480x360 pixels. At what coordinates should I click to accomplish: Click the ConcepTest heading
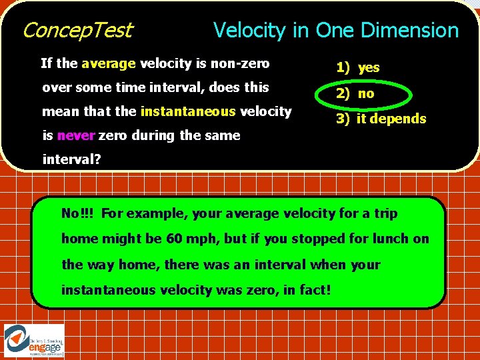coord(77,30)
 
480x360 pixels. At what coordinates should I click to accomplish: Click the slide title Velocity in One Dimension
coord(335,30)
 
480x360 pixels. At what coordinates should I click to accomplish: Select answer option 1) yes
coord(358,67)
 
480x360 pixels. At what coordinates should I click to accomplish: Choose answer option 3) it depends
coord(381,119)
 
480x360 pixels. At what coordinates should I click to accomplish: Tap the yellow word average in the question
coord(109,64)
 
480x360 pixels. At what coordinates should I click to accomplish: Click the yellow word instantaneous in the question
coord(187,111)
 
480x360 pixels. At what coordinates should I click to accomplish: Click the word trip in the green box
coord(383,213)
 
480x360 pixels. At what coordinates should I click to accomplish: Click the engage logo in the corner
coord(35,341)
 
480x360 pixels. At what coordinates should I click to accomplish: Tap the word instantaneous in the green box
coord(108,290)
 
